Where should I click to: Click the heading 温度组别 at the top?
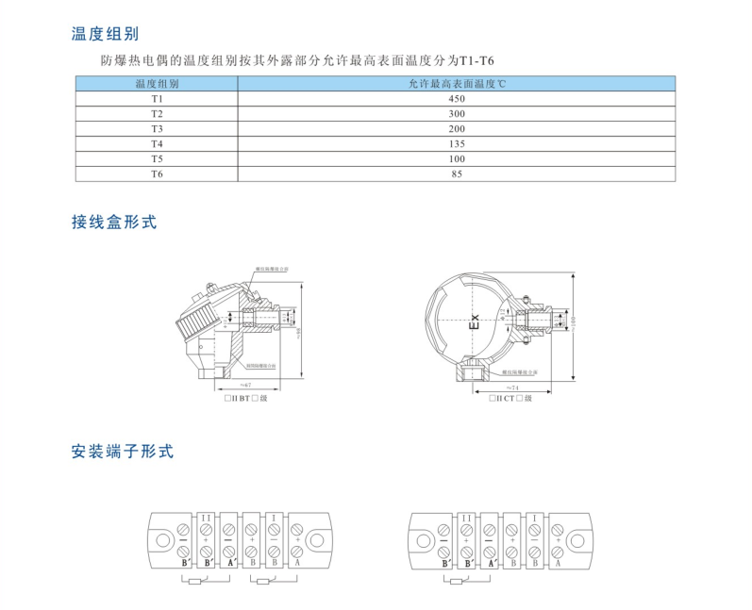tap(106, 34)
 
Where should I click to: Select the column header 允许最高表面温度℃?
tap(457, 84)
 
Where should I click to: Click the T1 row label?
tap(157, 98)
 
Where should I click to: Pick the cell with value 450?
tap(457, 98)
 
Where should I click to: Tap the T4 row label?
tap(157, 143)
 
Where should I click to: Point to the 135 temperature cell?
tap(457, 143)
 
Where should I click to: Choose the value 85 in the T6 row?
tap(457, 173)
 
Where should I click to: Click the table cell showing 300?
tap(457, 113)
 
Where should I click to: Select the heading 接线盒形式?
tap(113, 223)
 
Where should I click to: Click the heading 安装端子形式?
tap(123, 452)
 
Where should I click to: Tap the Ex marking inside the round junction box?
tap(476, 321)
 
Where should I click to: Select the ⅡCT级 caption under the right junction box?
tap(510, 400)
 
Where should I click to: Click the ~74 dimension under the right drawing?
tap(512, 387)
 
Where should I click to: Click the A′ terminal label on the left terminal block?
tap(229, 563)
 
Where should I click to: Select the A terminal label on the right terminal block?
tap(558, 563)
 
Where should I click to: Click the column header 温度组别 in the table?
tap(157, 84)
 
